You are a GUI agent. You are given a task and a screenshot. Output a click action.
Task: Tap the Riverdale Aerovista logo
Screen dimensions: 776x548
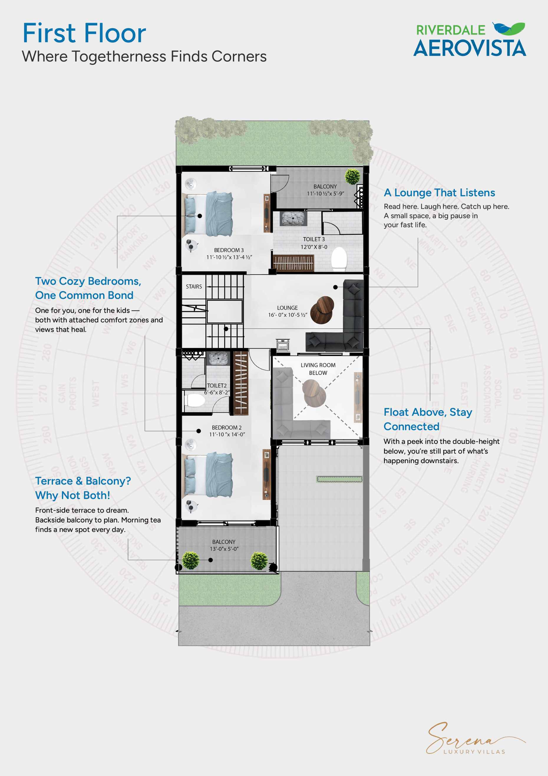point(470,40)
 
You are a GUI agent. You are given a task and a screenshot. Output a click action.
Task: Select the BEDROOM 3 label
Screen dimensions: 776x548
point(229,250)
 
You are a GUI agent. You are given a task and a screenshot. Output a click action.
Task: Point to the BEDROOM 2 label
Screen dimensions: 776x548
point(227,428)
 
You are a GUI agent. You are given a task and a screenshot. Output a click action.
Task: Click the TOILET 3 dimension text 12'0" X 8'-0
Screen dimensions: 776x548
point(314,247)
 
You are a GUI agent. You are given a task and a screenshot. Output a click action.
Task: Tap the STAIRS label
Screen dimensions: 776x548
point(194,287)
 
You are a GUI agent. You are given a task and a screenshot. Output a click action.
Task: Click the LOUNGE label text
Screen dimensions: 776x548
point(287,308)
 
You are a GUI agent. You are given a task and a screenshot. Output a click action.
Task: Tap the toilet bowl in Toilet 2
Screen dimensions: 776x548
point(195,401)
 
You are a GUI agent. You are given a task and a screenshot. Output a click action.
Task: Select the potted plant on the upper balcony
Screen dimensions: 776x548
point(352,176)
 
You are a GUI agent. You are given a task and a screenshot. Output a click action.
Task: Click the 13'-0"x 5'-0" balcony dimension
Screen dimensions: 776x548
point(224,549)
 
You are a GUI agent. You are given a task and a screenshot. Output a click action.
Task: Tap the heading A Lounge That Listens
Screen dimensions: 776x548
point(439,193)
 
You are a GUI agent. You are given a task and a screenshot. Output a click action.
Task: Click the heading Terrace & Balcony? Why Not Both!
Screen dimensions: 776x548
point(83,488)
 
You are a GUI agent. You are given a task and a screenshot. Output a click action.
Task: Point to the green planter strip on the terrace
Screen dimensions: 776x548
point(339,479)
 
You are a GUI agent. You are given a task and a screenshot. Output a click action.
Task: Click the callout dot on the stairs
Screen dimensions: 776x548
point(226,329)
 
